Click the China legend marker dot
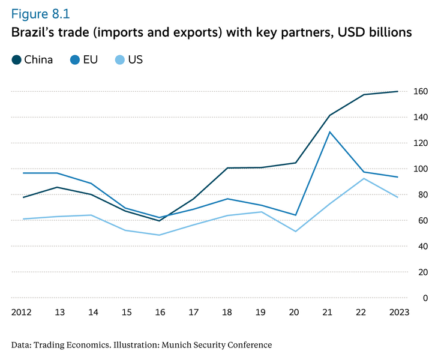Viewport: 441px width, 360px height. click(x=16, y=59)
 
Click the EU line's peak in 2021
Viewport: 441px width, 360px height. click(x=329, y=132)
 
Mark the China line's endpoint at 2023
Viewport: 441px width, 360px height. click(x=397, y=92)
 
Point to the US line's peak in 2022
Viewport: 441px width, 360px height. click(x=364, y=178)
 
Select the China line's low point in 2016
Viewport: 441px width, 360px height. click(x=160, y=221)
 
